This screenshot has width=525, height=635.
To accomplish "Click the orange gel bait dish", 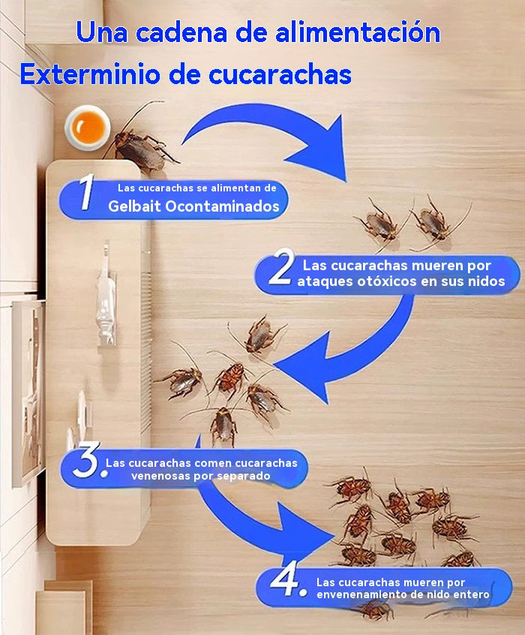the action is tap(88, 128).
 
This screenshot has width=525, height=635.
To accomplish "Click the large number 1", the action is tap(86, 192).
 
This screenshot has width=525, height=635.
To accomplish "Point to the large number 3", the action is tap(86, 459).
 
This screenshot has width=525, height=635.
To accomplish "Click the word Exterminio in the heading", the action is tap(89, 74).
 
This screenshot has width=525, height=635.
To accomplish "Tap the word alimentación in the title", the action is tap(358, 32).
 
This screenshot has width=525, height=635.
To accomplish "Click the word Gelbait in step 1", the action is tap(135, 206).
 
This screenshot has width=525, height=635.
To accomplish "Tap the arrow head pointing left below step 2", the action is tap(303, 367).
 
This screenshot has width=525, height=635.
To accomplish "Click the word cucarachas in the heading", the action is tap(280, 74).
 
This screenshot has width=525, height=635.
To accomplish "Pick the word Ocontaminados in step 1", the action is tap(222, 206).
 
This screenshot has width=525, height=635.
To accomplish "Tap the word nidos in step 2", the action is tap(487, 281).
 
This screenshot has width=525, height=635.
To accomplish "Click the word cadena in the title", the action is tap(181, 32).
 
